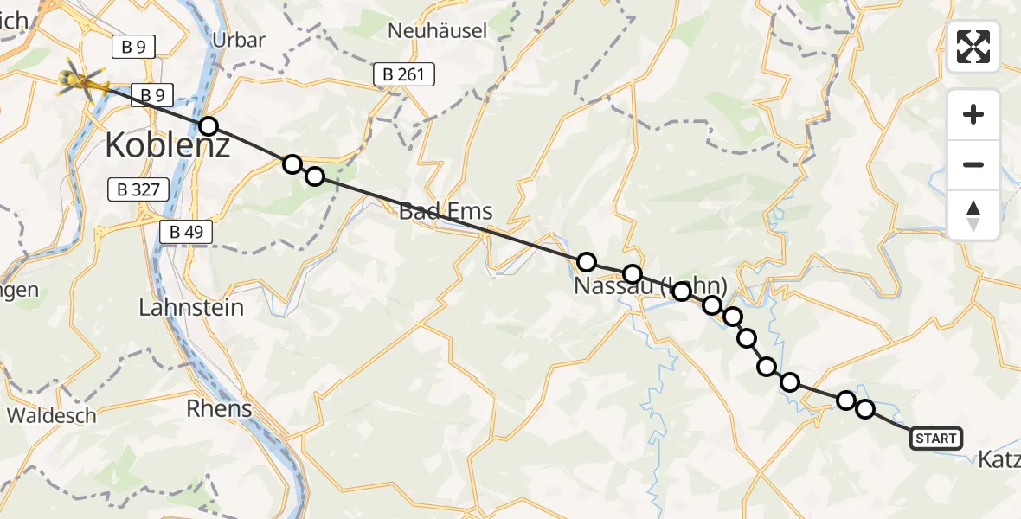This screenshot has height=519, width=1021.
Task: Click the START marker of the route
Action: coord(935,439)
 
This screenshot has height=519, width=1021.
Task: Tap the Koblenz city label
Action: coord(168,144)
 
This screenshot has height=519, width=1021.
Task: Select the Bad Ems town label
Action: coord(446,210)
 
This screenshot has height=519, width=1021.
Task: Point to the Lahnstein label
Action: coord(192,307)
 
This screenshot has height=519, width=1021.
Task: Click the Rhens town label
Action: coord(220,408)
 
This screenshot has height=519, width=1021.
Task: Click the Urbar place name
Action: coord(238,40)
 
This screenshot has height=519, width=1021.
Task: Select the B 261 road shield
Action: coord(404,74)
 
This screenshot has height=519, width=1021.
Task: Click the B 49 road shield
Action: coord(185,231)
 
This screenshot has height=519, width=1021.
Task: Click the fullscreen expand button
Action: coord(973,47)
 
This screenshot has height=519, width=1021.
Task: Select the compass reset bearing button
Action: coord(973,215)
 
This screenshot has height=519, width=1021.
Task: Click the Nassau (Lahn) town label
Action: coord(651,285)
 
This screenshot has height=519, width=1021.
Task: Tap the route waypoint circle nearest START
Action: coord(864,409)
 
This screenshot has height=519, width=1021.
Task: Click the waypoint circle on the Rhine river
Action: coord(208,126)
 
